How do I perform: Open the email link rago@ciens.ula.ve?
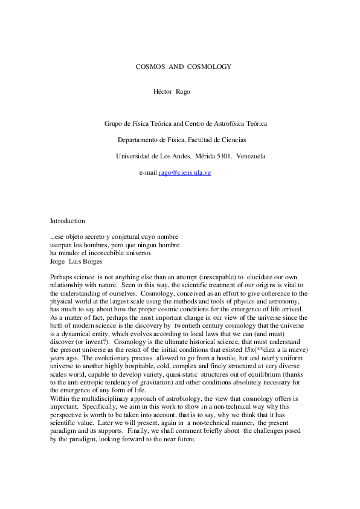point(184,172)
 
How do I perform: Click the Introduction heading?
point(67,221)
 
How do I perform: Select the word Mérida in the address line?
point(199,156)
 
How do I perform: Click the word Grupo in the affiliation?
point(114,123)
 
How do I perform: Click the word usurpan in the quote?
point(62,245)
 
